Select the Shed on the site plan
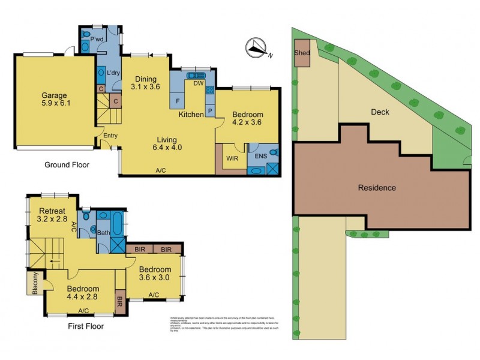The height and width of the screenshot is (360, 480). point(301,52)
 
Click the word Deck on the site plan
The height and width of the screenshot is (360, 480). point(380,111)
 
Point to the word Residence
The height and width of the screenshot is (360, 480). point(377,188)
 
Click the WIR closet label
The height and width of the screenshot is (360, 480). point(233,159)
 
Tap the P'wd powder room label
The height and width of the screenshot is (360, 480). point(98,41)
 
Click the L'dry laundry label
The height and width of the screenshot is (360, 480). point(114,74)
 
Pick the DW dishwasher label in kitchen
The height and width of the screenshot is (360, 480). point(197,84)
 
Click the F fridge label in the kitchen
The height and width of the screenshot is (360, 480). point(178,100)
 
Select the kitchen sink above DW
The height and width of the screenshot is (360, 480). point(195,76)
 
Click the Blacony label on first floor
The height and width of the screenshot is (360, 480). point(32,283)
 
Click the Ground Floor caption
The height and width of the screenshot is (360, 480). point(67,164)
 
